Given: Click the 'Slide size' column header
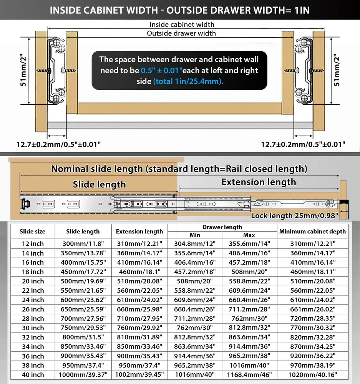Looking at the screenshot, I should pos(32,232).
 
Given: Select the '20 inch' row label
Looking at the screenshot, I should pos(32,281).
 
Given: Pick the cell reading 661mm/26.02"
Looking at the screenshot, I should pos(312,309).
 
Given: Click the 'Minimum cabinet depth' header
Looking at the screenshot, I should pos(312,232).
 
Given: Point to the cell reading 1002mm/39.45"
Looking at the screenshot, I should pos(139,375).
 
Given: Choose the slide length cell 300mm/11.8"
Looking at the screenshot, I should pos(83,244).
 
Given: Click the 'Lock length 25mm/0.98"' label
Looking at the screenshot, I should pos(294,216).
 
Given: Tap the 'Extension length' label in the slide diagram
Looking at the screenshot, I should pos(259,182).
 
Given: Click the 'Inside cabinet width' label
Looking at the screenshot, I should pos(182,25).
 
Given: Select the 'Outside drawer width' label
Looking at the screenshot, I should pos(181,33).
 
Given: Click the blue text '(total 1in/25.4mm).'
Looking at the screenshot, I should pos(188,82).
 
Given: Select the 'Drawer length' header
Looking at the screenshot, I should pos(222,227).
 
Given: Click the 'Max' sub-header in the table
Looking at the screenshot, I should pos(249,235).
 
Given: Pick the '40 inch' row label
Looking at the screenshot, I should pos(32,375).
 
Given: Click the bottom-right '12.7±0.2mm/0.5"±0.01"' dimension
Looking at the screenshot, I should pos(303,145).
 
